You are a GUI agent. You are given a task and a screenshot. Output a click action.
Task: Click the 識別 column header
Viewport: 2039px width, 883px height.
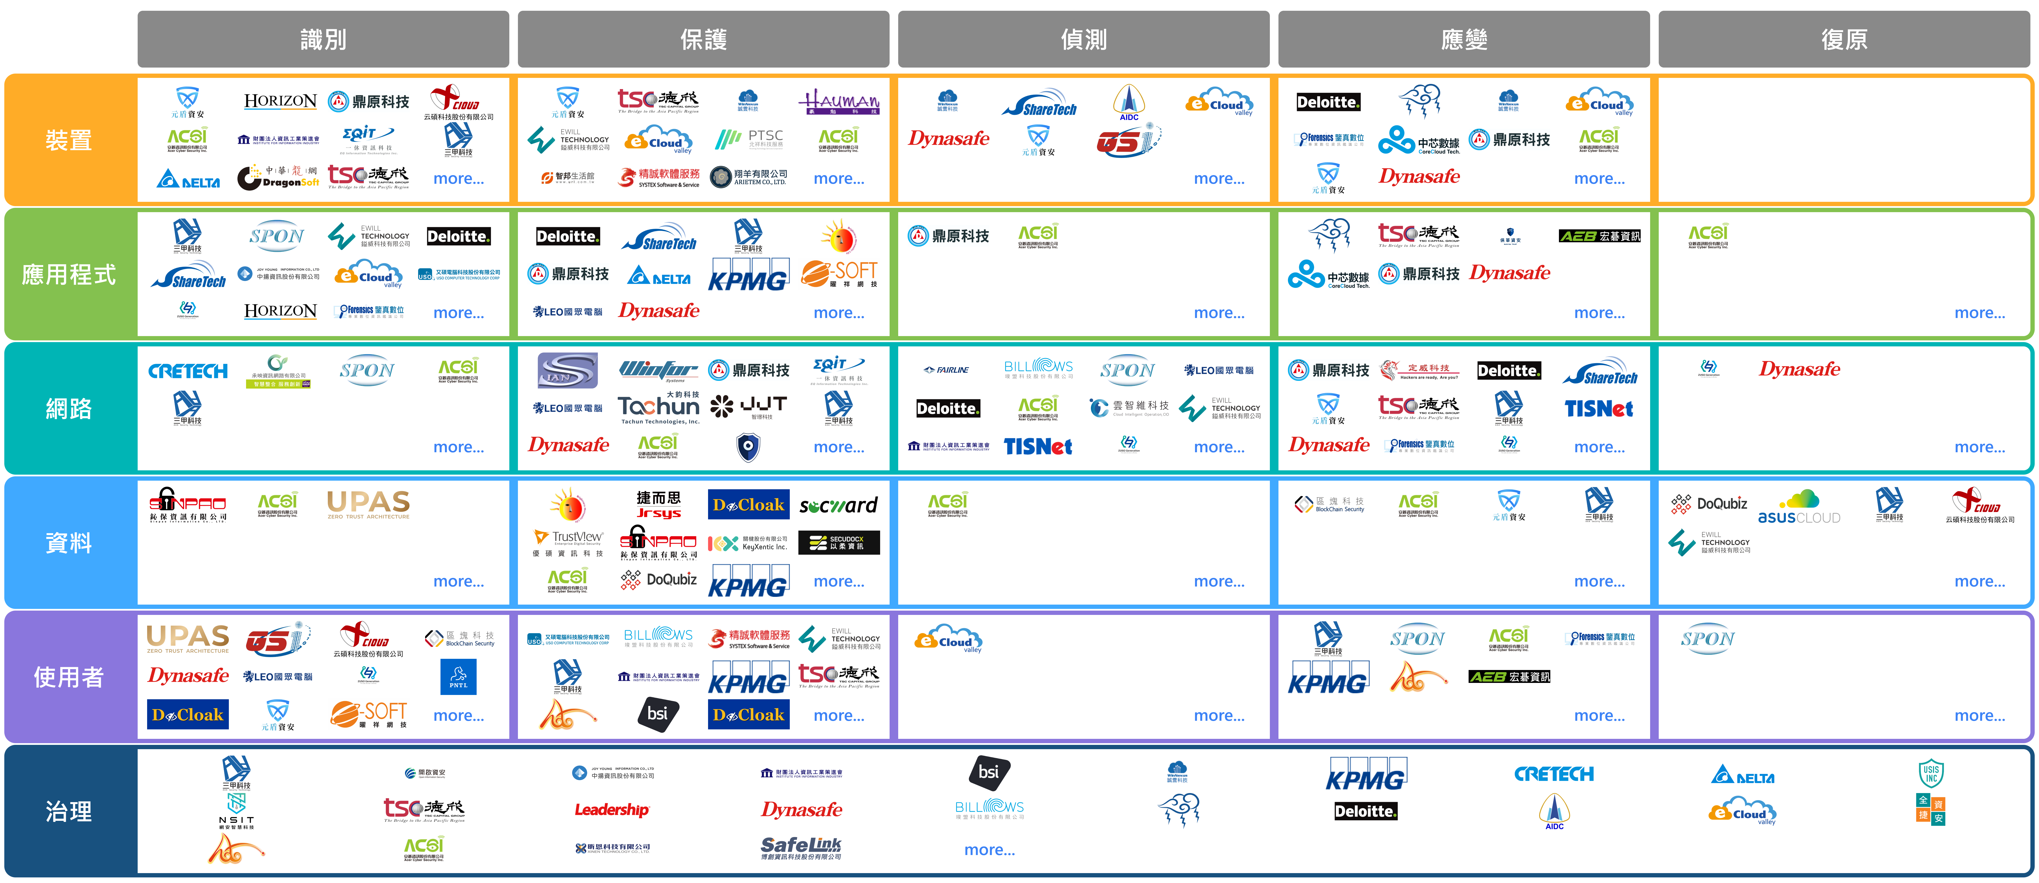(x=323, y=39)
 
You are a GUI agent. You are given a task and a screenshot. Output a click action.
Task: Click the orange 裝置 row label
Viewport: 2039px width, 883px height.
(x=69, y=140)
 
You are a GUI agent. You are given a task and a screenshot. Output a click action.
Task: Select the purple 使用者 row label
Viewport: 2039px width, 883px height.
(x=69, y=677)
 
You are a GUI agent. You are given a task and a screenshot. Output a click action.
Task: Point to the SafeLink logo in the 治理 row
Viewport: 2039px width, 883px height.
(x=801, y=847)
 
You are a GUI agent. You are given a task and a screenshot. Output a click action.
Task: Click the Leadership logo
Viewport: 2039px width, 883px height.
(x=612, y=809)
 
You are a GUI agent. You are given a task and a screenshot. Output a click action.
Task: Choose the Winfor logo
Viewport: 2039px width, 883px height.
(x=659, y=370)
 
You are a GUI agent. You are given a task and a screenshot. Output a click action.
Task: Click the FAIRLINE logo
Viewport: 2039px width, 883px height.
(x=947, y=370)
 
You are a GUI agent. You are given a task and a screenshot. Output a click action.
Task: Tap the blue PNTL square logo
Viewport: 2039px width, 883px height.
(x=458, y=677)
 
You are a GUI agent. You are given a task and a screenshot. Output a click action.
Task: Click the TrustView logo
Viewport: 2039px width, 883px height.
(x=568, y=542)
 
